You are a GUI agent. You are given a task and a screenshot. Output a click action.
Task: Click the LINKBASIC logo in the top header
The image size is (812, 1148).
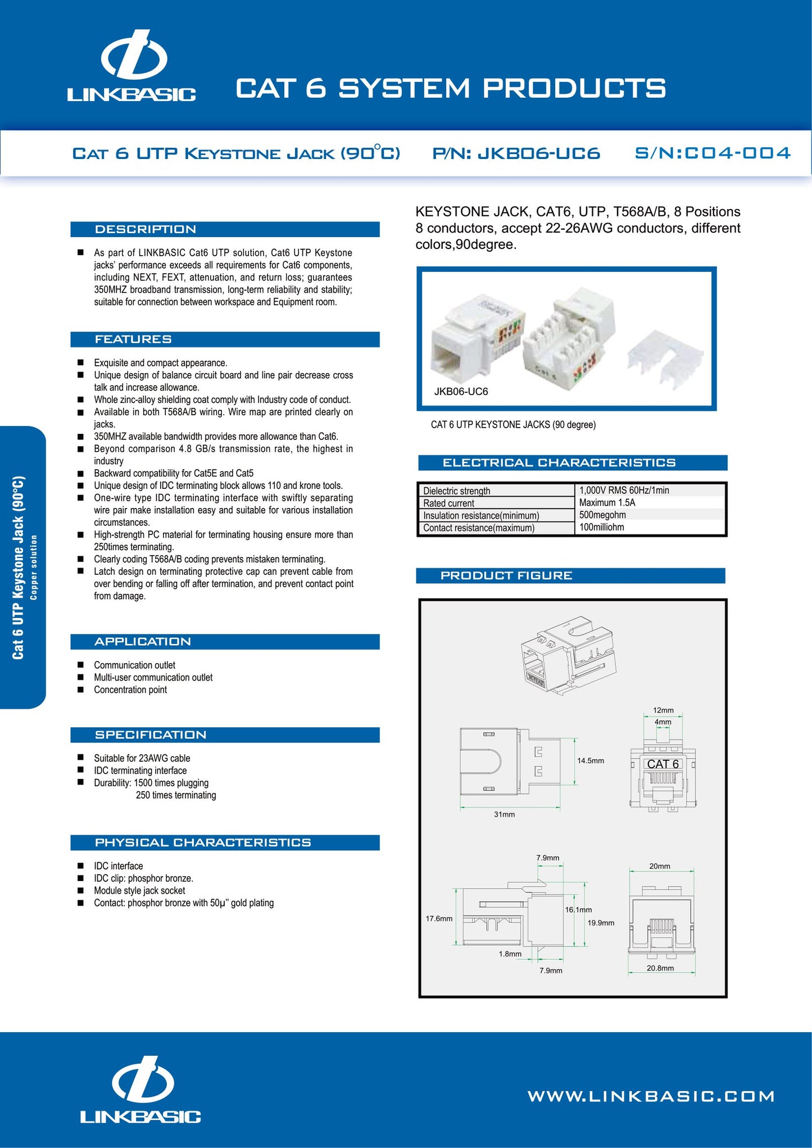pos(131,66)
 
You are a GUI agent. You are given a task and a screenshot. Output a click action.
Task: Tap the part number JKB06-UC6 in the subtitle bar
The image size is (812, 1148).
pos(516,153)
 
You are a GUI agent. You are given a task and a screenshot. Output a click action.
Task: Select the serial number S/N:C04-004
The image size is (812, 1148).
pos(712,153)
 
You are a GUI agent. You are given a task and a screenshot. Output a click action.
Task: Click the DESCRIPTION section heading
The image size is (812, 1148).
pos(146,229)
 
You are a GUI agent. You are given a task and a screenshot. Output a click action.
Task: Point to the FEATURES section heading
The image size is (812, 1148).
pos(133,339)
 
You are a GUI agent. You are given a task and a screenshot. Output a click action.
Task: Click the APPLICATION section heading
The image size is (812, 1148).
pos(143,642)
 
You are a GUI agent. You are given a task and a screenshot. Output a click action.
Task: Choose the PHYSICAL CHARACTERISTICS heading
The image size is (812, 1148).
pos(202,842)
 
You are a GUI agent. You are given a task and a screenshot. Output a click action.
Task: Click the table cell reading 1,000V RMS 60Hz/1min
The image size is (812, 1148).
pos(624,491)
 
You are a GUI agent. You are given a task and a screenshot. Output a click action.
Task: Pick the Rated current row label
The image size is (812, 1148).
pos(448,503)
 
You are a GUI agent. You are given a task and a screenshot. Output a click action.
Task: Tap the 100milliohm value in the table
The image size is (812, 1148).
pos(601,528)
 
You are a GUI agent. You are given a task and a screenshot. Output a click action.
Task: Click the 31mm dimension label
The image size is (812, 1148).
pos(504,814)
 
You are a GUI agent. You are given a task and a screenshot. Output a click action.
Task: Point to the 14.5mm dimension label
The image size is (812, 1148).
pos(590,761)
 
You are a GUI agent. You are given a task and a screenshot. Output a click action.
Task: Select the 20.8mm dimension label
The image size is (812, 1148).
pos(660,968)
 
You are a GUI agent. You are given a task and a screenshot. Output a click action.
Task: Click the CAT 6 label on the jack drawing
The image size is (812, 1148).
pos(663,764)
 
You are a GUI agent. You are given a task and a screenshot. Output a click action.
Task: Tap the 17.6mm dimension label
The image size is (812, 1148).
pos(439,919)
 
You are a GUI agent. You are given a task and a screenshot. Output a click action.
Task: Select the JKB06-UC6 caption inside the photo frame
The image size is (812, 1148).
pos(461,392)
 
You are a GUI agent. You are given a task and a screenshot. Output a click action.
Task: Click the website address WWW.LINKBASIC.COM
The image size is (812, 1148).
pos(651,1096)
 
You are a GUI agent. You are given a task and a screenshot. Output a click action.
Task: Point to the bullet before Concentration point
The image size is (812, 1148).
pos(80,689)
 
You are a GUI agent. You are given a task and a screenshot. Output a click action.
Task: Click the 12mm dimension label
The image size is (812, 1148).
pos(663,710)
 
